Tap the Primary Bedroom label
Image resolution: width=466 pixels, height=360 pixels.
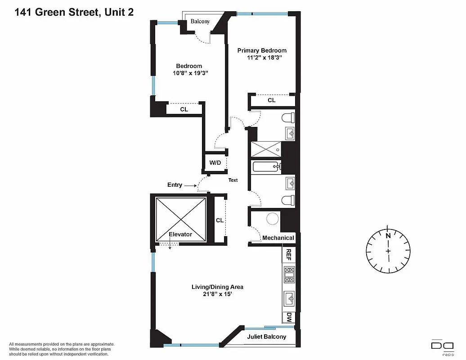tap(262, 50)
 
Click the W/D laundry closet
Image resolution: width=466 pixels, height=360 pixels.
tap(215, 162)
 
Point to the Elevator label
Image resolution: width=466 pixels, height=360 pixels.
tap(180, 234)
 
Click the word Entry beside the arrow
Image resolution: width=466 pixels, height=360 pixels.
tap(175, 185)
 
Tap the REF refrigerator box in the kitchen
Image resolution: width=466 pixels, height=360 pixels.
tap(289, 255)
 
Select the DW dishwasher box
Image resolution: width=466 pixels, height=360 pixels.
tap(289, 317)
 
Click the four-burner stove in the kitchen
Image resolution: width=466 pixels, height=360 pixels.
tap(289, 274)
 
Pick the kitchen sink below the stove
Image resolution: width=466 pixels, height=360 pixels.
tap(289, 298)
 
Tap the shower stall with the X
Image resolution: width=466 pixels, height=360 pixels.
tap(266, 149)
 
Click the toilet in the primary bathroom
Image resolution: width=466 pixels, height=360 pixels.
tap(287, 118)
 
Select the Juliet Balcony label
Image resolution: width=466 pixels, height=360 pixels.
tap(266, 337)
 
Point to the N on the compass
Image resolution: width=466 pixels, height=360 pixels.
tap(388, 235)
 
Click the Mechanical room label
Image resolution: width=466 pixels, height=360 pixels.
tap(278, 238)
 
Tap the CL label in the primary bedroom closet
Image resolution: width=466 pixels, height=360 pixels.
tap(271, 100)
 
